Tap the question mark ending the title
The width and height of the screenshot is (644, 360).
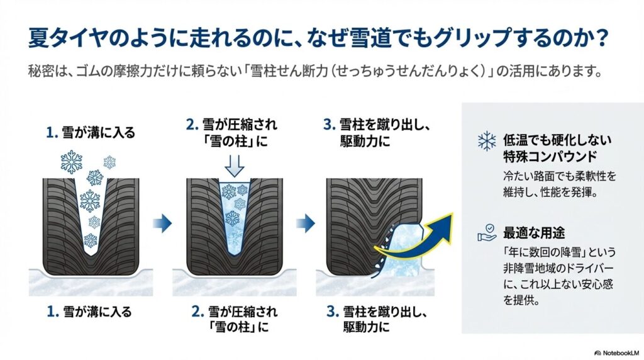602,38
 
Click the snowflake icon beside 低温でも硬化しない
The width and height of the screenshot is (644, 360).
486,140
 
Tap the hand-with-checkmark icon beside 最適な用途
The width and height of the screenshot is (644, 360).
486,235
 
